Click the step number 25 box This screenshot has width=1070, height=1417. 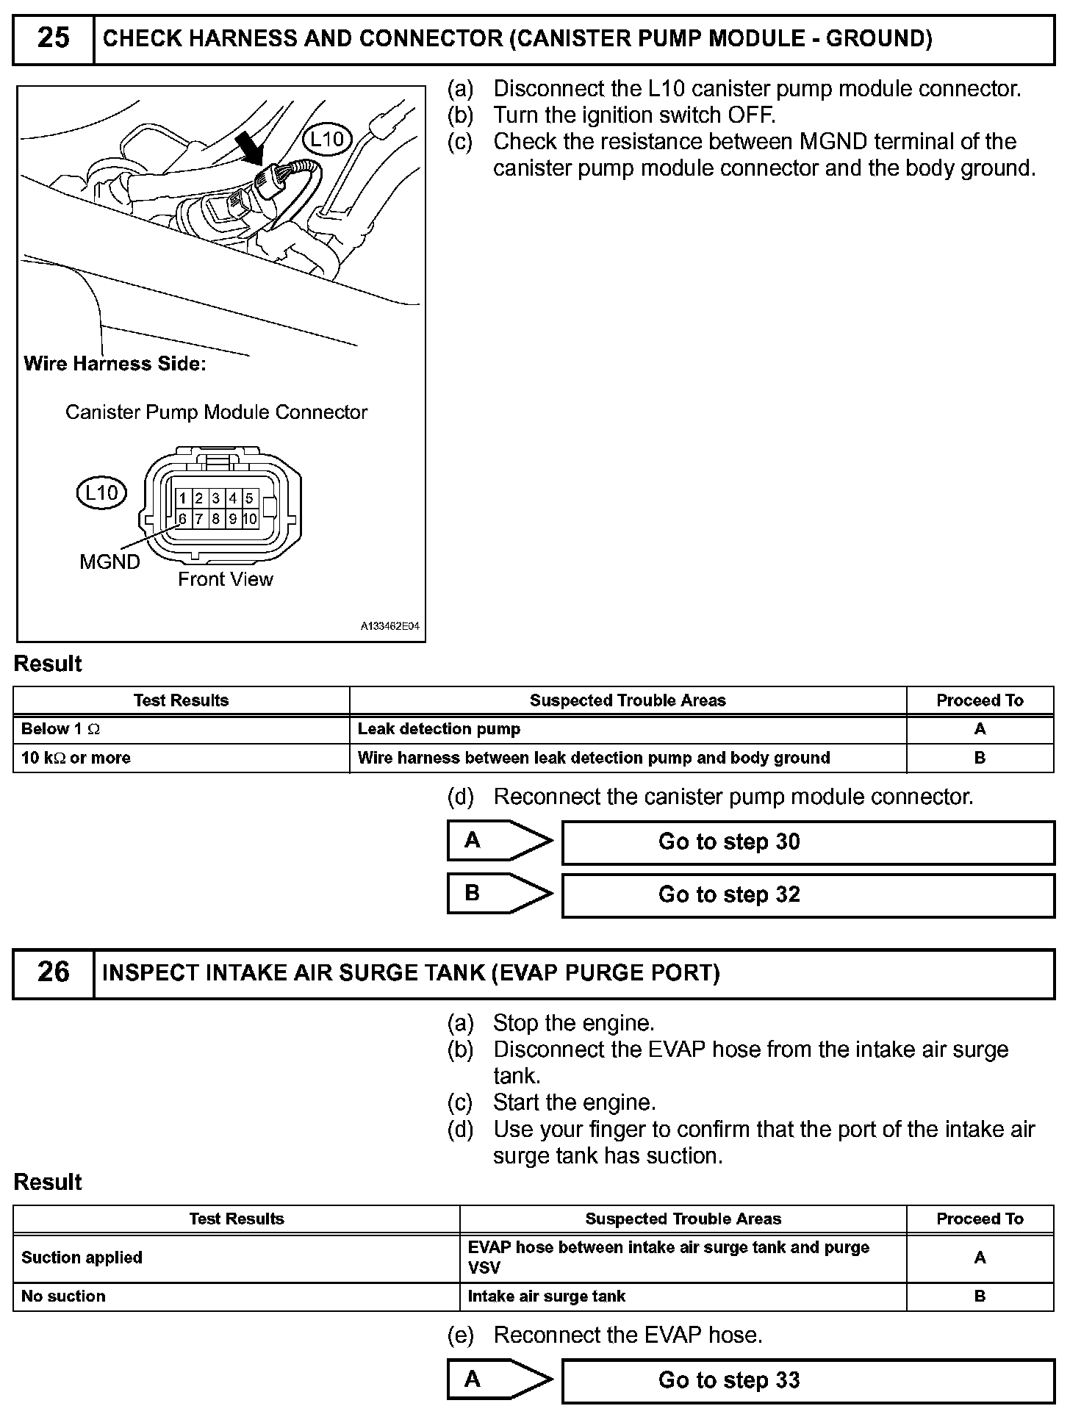tap(54, 38)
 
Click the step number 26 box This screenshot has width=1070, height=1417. tap(54, 972)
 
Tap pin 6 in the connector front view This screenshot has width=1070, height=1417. tap(182, 519)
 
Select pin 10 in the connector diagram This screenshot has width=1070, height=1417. tap(250, 519)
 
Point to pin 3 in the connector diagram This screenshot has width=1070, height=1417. tap(216, 498)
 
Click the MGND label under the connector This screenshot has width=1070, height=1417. tap(109, 562)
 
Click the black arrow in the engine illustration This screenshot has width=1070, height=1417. tap(251, 148)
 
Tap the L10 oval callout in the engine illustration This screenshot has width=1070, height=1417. tap(327, 139)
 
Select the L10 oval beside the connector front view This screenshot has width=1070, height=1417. tap(101, 493)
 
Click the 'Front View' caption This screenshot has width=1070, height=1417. tap(225, 580)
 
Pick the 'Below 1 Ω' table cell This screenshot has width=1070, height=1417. tap(181, 729)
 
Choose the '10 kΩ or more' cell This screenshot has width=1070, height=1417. tap(181, 758)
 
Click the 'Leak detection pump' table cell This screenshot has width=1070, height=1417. tap(628, 729)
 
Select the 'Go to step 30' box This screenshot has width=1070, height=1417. tap(808, 842)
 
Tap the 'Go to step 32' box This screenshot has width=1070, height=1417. tap(808, 895)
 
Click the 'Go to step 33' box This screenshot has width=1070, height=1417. tap(808, 1381)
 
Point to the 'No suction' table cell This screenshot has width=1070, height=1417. tap(236, 1296)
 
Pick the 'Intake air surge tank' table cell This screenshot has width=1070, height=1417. tap(683, 1296)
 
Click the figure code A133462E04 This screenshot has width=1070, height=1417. tap(389, 627)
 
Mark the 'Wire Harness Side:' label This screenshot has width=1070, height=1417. tap(115, 364)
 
